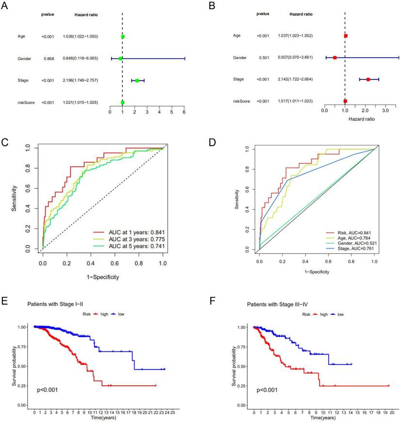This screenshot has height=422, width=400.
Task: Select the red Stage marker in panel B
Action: click(x=368, y=79)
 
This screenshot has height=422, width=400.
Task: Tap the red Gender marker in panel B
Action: click(x=335, y=57)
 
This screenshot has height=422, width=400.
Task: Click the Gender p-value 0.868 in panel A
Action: click(x=48, y=59)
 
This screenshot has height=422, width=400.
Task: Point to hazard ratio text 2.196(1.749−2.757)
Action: click(x=80, y=80)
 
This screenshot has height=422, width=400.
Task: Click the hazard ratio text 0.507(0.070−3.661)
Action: click(x=290, y=57)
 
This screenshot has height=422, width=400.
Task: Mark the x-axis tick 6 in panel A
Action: click(x=184, y=111)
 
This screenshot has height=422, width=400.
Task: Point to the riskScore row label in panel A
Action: click(x=24, y=103)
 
